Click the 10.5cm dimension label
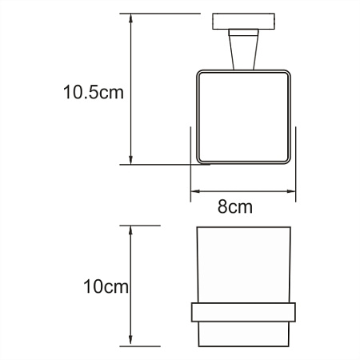click(94, 92)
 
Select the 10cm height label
click(106, 286)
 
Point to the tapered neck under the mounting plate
click(242, 50)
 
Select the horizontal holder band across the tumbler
click(243, 312)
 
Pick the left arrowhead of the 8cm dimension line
click(194, 192)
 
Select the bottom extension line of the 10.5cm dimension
click(156, 165)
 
